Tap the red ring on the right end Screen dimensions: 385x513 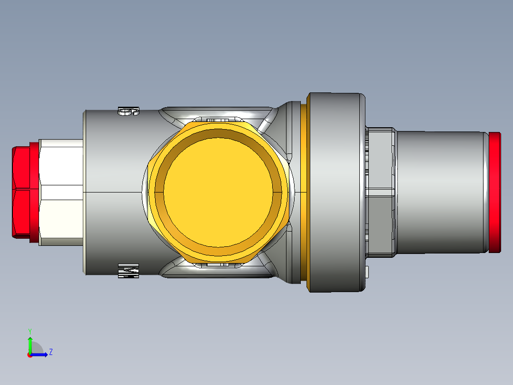[495, 192]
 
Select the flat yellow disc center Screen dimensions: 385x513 [219, 188]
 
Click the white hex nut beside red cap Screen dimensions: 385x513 [61, 192]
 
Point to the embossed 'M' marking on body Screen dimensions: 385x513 [128, 271]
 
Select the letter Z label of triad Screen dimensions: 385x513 [51, 352]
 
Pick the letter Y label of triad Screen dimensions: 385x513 [30, 331]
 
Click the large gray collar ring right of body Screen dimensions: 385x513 [335, 192]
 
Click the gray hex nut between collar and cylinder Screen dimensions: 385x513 [381, 192]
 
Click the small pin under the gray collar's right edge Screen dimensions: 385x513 [369, 272]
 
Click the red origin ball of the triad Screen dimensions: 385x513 [30, 355]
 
